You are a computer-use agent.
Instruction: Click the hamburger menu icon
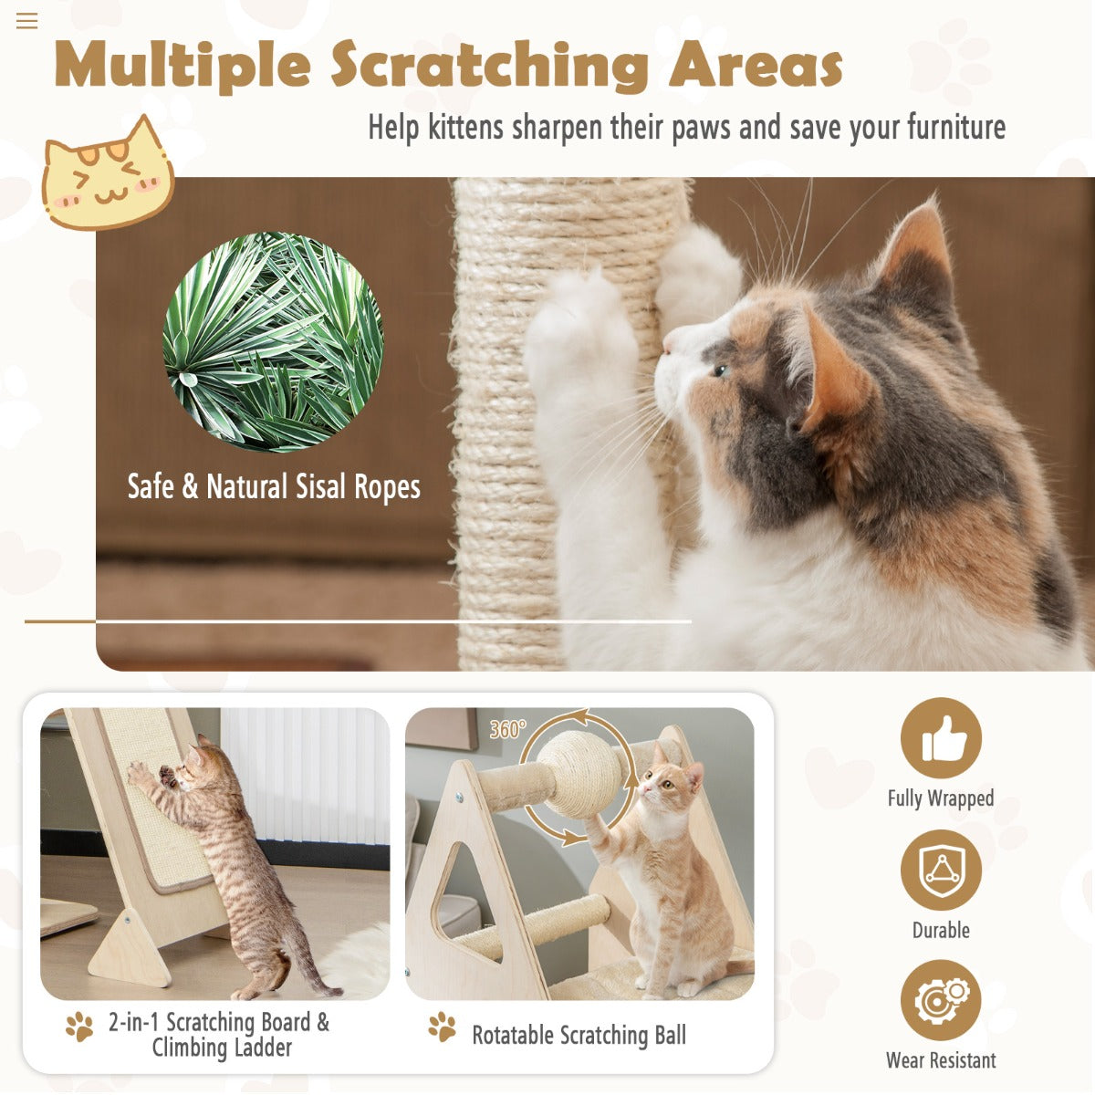coord(26,21)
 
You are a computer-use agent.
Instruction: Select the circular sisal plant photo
coord(273,341)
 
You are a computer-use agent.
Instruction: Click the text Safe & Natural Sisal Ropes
coord(274,487)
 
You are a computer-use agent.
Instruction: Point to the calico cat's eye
coord(721,370)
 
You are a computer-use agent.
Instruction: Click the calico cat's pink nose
coord(666,349)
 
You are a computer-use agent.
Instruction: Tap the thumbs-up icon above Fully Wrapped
coord(941,738)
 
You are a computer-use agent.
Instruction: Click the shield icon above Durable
coord(941,870)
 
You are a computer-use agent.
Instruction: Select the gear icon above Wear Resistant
coord(941,1000)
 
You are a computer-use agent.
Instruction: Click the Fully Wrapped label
coord(941,798)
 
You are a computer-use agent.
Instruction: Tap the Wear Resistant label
coord(941,1060)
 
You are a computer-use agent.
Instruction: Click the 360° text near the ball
coord(507,729)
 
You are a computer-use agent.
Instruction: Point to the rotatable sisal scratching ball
coord(579,773)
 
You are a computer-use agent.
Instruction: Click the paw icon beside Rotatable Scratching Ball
coord(443,1027)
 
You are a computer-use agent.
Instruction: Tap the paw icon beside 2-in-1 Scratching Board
coord(79,1027)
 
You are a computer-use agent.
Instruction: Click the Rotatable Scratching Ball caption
coord(579,1036)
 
